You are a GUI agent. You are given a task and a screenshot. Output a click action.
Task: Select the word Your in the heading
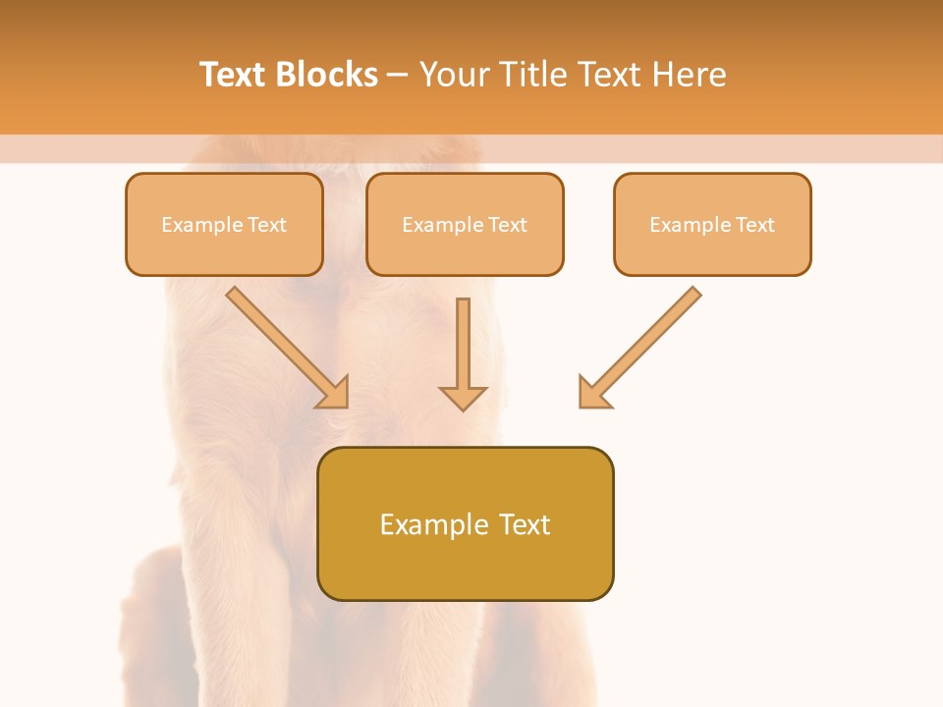coord(455,75)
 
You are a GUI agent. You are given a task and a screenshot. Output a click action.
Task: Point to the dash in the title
coord(398,75)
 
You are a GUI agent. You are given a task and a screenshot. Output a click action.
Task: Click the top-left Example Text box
coord(224,225)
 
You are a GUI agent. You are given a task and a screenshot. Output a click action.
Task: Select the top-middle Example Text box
coord(465,225)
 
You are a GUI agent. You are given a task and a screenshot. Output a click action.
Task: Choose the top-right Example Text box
coord(712,225)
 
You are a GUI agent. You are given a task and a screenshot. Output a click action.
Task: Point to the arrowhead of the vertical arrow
coord(463,398)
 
